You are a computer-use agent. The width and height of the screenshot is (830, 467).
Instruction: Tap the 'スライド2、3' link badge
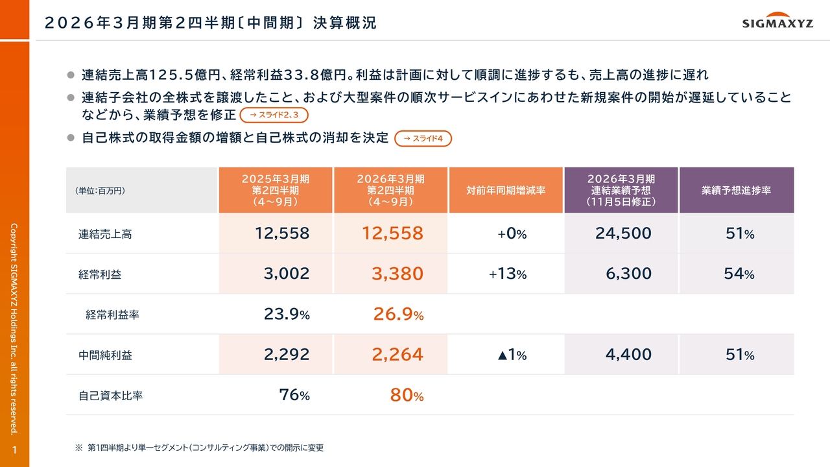pos(274,115)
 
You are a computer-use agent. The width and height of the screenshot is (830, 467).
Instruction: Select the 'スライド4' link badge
pos(423,138)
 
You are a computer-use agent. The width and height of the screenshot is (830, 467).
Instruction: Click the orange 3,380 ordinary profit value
pos(397,274)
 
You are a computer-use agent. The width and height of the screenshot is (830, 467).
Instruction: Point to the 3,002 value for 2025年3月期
pos(287,274)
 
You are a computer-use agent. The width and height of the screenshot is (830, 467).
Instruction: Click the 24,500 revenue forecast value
pos(623,233)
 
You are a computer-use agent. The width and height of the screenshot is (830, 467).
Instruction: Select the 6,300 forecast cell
pos(628,274)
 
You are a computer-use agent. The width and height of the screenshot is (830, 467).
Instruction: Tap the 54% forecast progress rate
pos(739,274)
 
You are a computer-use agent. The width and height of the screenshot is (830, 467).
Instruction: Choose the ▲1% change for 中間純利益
pos(512,355)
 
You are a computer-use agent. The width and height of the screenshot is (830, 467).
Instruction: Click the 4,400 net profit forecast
pos(628,355)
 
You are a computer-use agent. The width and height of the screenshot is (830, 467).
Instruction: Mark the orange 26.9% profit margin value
pos(398,315)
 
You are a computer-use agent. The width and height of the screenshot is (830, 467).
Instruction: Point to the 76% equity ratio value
pos(294,395)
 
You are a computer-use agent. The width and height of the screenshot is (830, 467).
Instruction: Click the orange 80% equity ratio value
pos(407,395)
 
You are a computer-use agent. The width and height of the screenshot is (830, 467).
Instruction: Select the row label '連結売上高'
pos(105,234)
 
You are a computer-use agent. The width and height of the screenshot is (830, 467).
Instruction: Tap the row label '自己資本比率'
pos(110,396)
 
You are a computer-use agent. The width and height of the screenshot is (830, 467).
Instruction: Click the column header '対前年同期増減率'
pos(505,191)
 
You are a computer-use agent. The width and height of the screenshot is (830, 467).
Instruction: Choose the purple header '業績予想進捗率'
pos(736,191)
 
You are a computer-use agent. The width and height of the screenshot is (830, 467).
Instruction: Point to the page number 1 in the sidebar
pos(14,450)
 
